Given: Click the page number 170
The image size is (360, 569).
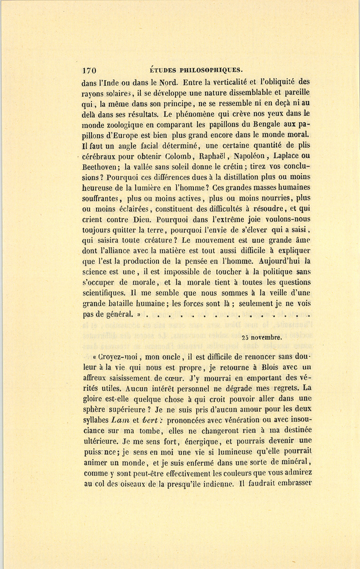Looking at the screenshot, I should [x=89, y=71].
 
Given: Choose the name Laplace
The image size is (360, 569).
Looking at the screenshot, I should [x=286, y=156].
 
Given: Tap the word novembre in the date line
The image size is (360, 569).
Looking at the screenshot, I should [x=267, y=337].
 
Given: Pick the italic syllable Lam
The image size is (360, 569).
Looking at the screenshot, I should [x=120, y=420].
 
